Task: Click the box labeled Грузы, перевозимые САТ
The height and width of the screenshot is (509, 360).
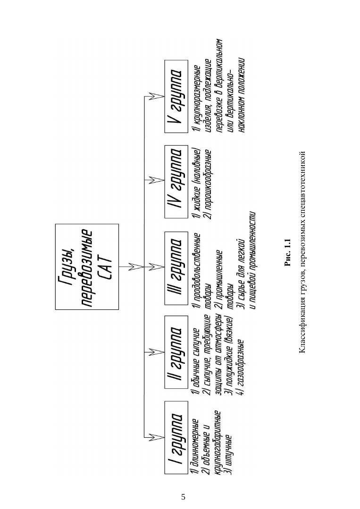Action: pyautogui.click(x=87, y=267)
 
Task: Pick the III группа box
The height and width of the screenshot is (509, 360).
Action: pyautogui.click(x=176, y=268)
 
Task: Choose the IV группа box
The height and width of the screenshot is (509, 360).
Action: pyautogui.click(x=176, y=182)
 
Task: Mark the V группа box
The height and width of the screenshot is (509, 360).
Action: pyautogui.click(x=176, y=96)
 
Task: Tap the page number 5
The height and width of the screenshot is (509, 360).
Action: pyautogui.click(x=183, y=497)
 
